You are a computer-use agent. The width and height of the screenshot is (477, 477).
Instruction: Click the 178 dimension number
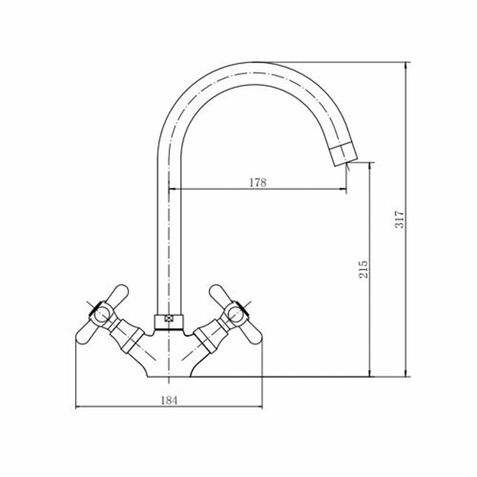click(x=258, y=183)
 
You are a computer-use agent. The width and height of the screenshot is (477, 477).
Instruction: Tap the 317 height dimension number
click(x=399, y=219)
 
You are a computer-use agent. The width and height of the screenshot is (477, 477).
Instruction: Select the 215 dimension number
click(x=364, y=270)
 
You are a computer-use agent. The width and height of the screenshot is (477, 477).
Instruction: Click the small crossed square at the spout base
click(x=168, y=318)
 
